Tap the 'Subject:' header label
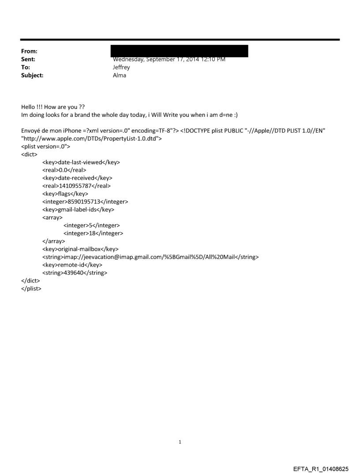tap(32, 75)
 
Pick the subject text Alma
tap(120, 75)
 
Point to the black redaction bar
tap(180, 50)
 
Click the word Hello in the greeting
tap(29, 107)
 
